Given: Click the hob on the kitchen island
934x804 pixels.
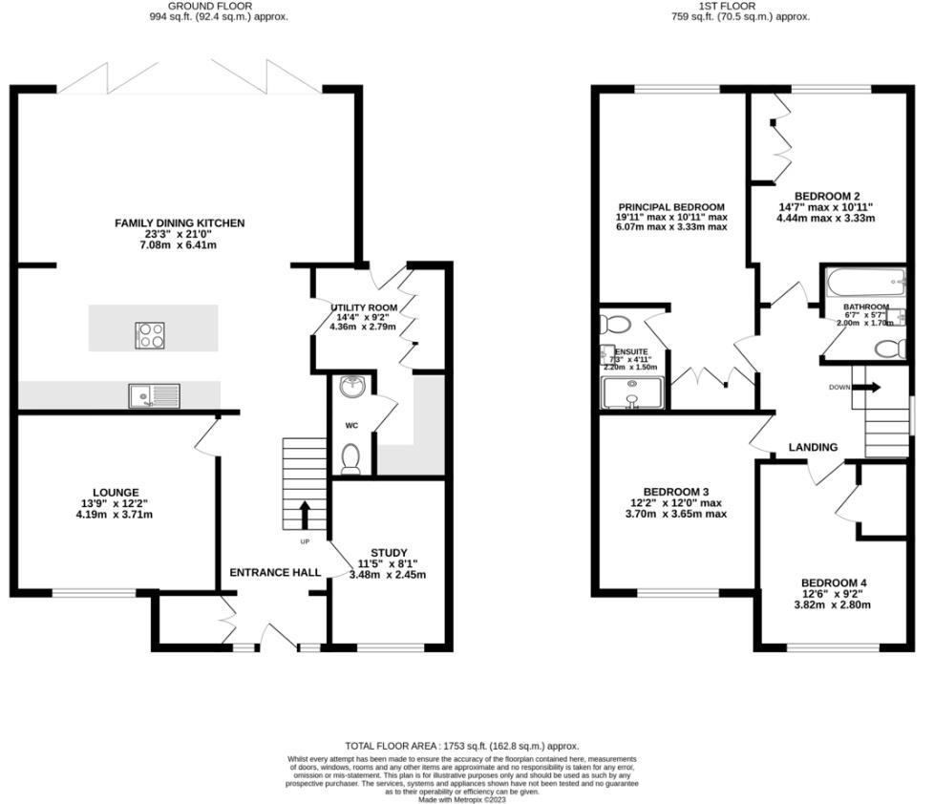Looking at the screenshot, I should (151, 334).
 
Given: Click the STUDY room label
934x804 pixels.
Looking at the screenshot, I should (390, 553).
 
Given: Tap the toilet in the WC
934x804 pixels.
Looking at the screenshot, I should (350, 458).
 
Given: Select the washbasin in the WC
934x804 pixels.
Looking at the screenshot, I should (352, 386).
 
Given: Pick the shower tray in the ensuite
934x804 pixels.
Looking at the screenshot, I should (631, 391).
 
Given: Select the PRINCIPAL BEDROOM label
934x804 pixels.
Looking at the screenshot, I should (670, 207).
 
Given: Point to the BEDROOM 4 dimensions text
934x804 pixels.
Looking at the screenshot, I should (834, 604).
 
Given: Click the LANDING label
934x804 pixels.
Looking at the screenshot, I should (813, 447).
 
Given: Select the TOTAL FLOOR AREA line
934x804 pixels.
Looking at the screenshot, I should (462, 746).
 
